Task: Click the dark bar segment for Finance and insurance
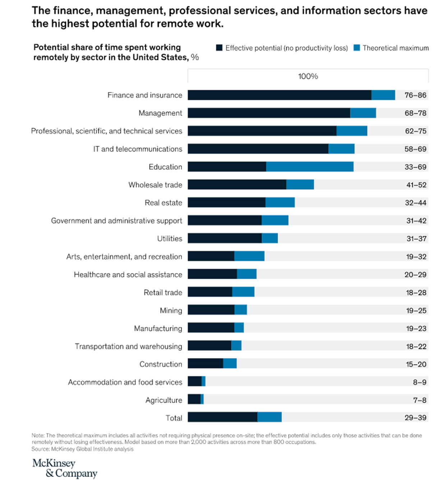tap(279, 95)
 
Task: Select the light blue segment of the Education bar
tap(310, 167)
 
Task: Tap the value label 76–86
tap(415, 95)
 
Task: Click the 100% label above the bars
tap(308, 76)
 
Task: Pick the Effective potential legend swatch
tap(219, 48)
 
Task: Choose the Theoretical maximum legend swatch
tap(357, 48)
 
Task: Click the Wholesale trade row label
tap(155, 185)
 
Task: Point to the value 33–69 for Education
tap(415, 167)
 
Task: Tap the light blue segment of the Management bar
tap(363, 113)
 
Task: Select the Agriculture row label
tap(163, 400)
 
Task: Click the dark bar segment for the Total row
tap(222, 417)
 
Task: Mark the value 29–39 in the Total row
tap(415, 418)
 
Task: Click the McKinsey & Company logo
tap(65, 469)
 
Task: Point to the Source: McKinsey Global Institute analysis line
tap(82, 449)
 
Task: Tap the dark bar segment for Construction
tap(205, 364)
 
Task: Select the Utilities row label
tap(170, 239)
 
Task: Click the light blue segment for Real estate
tap(280, 202)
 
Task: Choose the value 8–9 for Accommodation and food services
tap(419, 382)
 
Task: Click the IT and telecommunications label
tap(138, 149)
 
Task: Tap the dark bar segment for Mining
tap(211, 310)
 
